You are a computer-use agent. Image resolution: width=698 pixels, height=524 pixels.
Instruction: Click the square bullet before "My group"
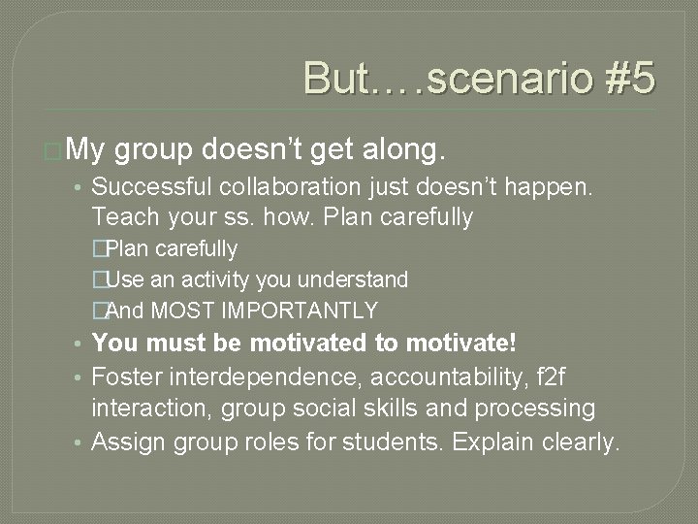click(x=55, y=150)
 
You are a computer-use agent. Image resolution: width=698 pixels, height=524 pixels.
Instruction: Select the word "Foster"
click(x=128, y=376)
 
